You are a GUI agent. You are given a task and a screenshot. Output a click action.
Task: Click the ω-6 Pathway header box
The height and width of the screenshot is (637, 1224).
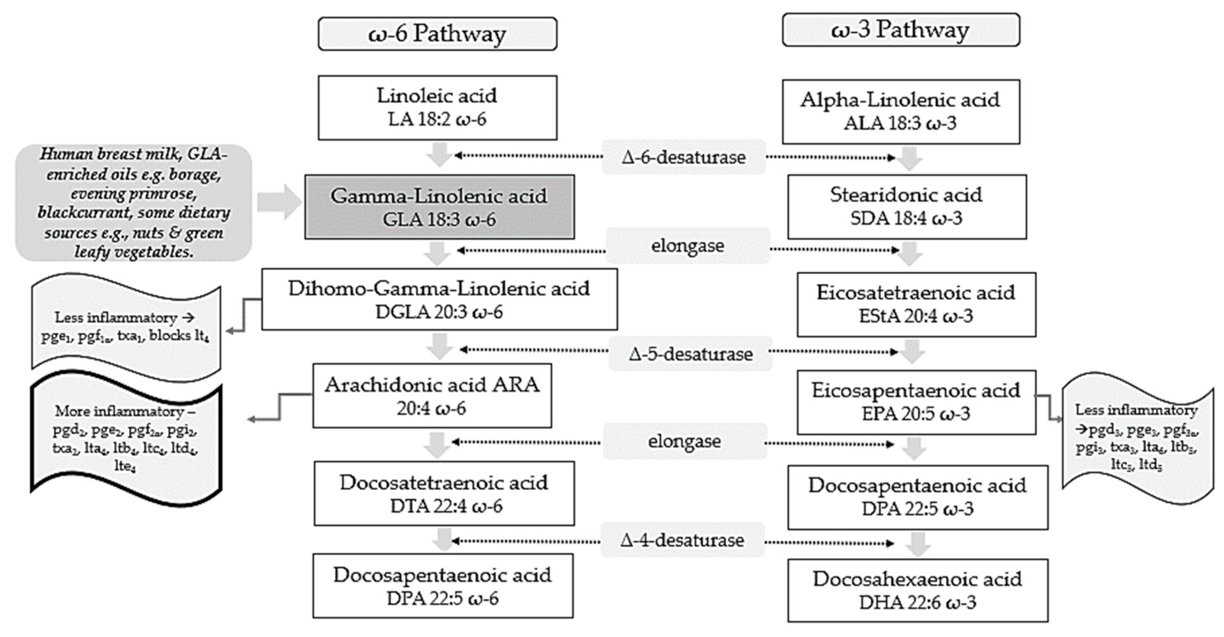point(437,34)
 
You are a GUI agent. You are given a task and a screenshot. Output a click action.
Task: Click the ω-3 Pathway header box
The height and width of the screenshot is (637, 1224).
point(900,30)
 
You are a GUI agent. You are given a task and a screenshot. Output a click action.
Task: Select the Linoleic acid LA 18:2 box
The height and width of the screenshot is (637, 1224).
point(437,107)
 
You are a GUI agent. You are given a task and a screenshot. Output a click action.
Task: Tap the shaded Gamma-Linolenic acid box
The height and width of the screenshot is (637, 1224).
point(439,207)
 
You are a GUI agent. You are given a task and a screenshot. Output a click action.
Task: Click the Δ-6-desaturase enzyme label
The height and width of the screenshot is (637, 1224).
point(683,157)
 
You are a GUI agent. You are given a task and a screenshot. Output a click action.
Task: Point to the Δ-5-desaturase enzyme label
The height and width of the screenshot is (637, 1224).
point(690,354)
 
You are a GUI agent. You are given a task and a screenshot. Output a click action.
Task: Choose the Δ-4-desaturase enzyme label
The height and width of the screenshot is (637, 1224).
point(682,541)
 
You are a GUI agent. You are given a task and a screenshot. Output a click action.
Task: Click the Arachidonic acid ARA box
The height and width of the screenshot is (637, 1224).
point(432,396)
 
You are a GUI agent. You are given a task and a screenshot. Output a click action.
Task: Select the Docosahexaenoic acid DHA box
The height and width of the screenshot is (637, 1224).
point(917,590)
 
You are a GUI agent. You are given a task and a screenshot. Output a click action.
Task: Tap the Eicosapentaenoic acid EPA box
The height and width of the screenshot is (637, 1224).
point(916,402)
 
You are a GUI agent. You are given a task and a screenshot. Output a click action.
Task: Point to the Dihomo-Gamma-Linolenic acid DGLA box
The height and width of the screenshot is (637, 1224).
point(439,299)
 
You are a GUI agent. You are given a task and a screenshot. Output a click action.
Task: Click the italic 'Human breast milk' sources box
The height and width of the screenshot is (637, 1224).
point(134,203)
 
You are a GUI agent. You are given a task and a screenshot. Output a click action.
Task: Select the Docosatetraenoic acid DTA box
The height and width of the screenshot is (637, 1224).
point(443,494)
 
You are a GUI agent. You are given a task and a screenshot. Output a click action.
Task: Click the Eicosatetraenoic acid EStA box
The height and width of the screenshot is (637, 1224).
point(916,305)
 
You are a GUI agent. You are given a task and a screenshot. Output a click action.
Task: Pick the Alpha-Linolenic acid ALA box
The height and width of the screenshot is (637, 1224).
point(900,112)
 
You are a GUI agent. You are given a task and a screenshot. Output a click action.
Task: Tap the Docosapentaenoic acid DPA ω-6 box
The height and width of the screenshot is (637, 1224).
point(442,586)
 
